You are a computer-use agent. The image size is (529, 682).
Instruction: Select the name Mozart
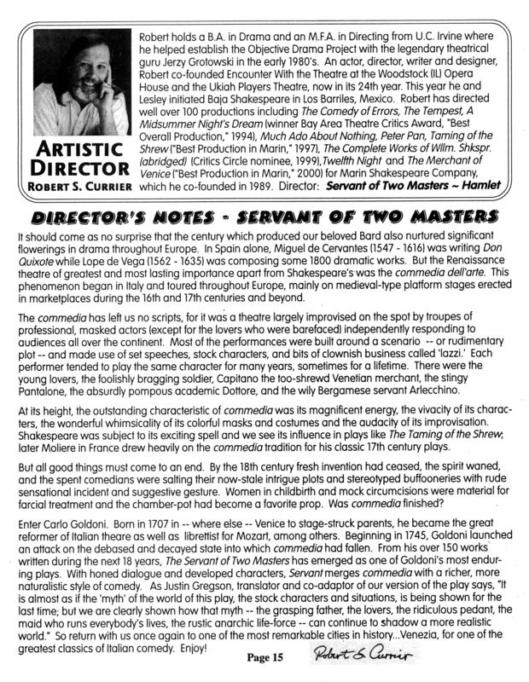246,541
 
